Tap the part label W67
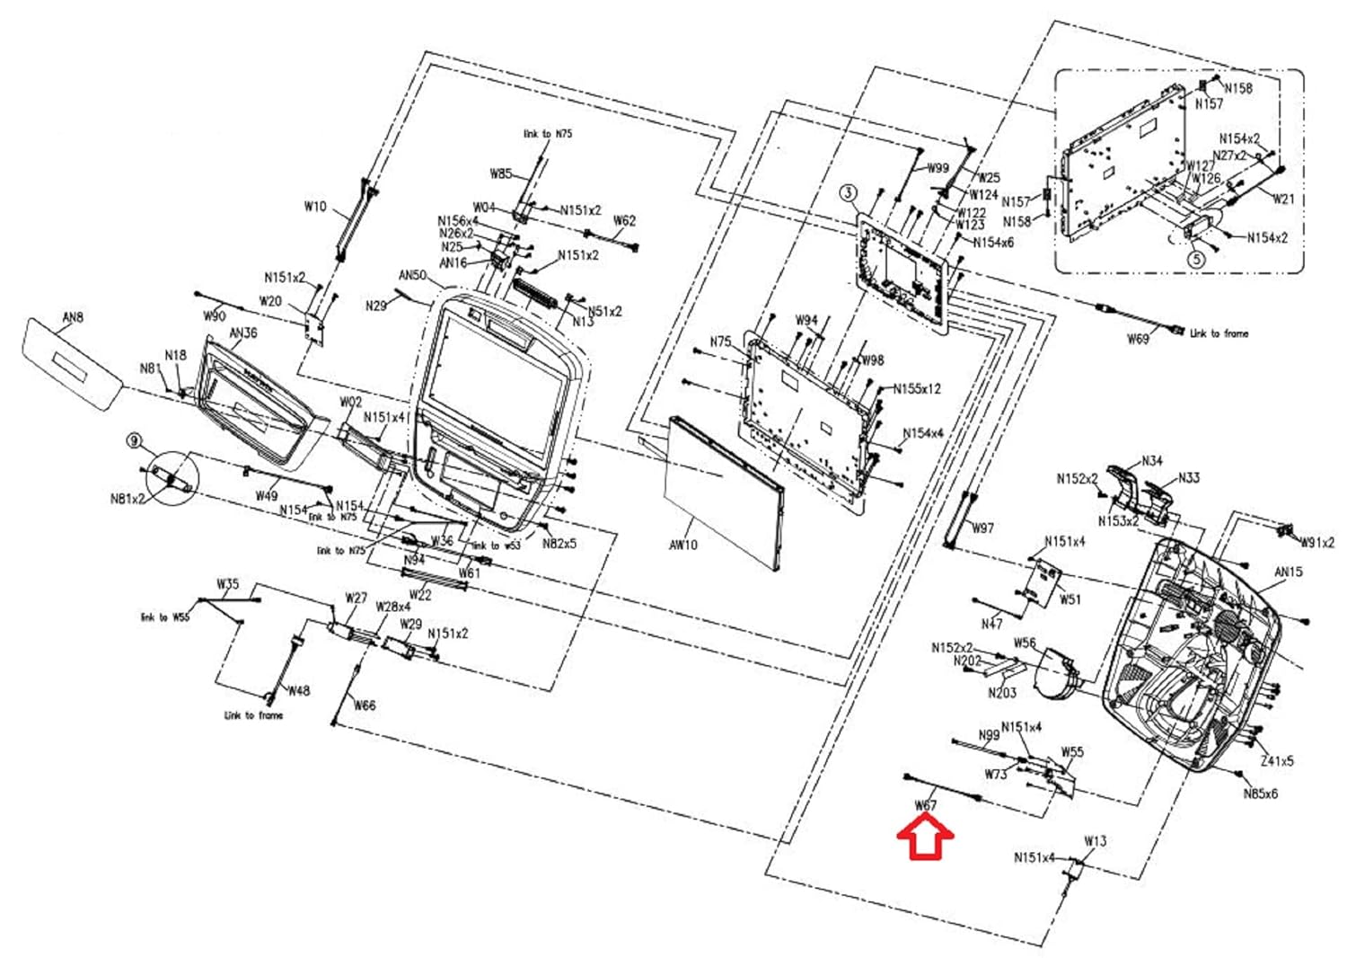925,805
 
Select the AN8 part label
73,316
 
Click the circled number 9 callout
135,440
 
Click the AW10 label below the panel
683,545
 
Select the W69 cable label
1138,339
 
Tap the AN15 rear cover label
1289,572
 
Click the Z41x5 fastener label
1277,760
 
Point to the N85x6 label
1260,794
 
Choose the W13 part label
1096,841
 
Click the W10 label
315,207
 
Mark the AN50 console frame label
413,275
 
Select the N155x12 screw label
917,389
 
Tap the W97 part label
983,528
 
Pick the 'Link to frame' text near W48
253,715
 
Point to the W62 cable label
624,220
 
